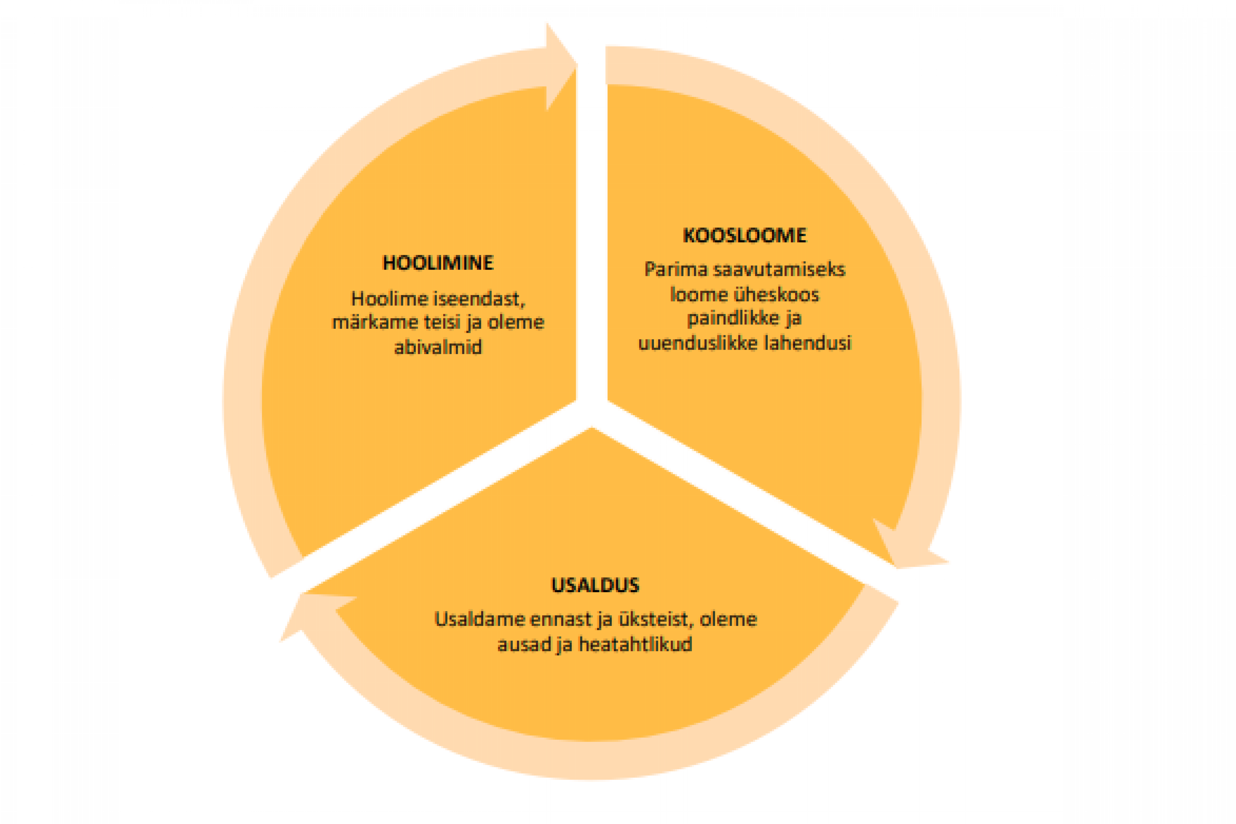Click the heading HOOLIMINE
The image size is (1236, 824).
pyautogui.click(x=438, y=263)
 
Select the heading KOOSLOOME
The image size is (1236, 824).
pyautogui.click(x=744, y=236)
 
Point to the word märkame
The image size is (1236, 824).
pyautogui.click(x=375, y=322)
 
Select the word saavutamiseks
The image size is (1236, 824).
pyautogui.click(x=779, y=270)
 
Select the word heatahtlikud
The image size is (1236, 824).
pyautogui.click(x=635, y=644)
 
